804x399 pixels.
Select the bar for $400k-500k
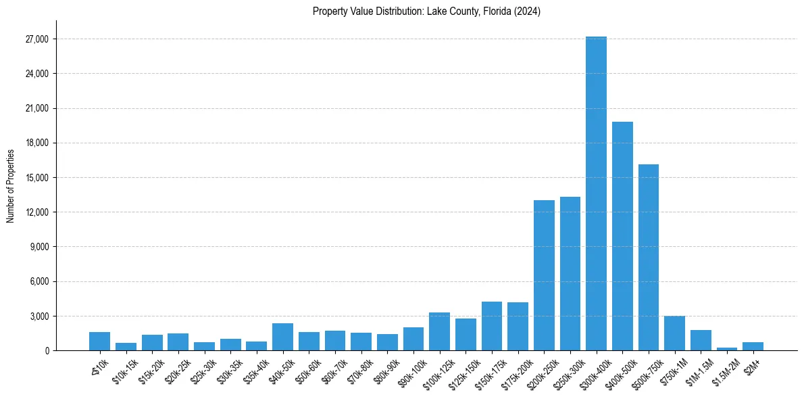[x=622, y=236]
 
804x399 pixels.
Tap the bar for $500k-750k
[x=648, y=257]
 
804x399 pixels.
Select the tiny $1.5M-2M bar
[x=726, y=349]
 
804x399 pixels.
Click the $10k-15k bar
[x=126, y=347]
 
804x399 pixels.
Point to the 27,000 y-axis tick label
[x=36, y=39]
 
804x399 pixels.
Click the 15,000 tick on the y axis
[x=36, y=178]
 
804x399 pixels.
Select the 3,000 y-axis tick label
[x=39, y=316]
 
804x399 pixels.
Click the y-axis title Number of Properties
[x=10, y=185]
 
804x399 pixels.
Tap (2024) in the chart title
[x=527, y=11]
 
